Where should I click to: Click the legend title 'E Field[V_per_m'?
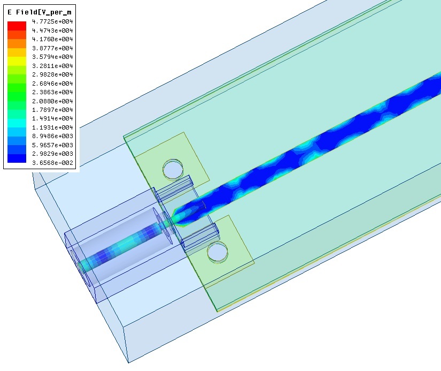coord(40,12)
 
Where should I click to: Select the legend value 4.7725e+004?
coord(52,21)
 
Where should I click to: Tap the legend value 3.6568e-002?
coord(52,163)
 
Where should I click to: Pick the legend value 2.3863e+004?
coord(52,92)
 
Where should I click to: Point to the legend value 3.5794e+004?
coord(52,57)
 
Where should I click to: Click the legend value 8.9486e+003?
coord(52,136)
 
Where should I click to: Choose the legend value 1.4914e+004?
coord(52,118)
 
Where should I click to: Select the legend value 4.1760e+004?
coord(52,39)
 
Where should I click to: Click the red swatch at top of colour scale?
coord(17,26)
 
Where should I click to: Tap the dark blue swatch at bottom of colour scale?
coord(17,158)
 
